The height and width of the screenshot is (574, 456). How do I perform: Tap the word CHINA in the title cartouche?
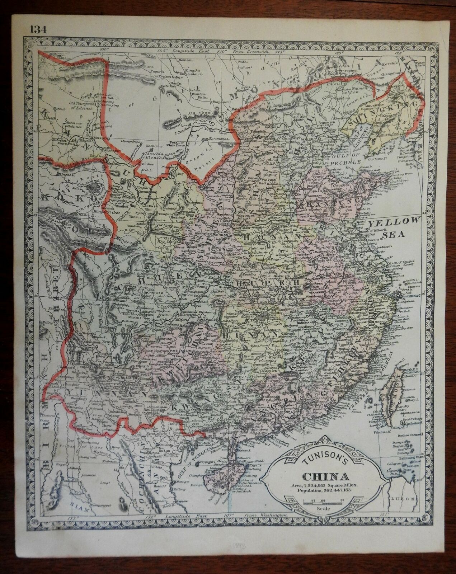tap(326, 477)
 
